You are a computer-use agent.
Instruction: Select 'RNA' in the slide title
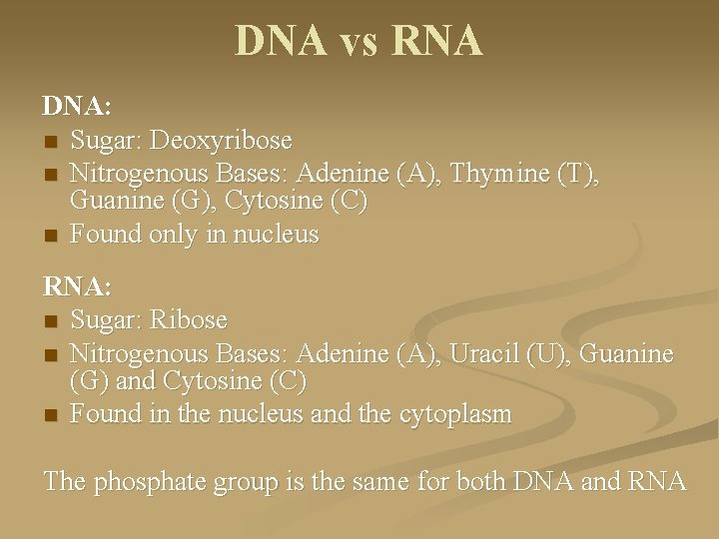(438, 41)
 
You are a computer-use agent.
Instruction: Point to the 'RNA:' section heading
(76, 287)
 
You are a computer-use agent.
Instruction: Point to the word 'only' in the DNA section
(180, 235)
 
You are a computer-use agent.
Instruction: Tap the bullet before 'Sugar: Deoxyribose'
(50, 140)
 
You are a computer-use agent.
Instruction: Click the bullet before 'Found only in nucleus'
(50, 237)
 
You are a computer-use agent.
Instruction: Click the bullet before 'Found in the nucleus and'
(50, 415)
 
